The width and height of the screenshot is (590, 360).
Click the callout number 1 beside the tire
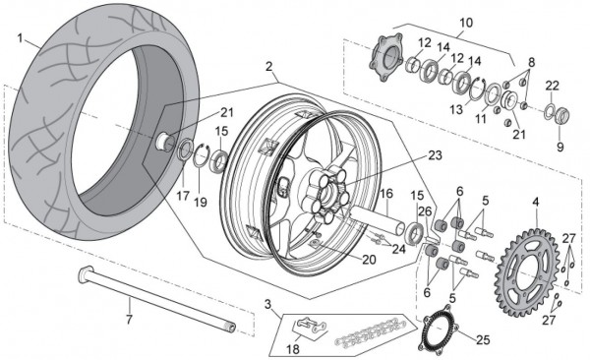click(x=20, y=38)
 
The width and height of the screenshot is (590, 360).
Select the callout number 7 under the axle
click(x=129, y=320)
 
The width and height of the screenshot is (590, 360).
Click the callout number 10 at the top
click(x=466, y=23)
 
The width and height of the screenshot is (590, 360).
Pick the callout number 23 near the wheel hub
click(x=436, y=155)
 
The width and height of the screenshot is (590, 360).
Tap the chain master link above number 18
click(x=311, y=326)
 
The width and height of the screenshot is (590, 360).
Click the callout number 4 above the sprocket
click(x=536, y=203)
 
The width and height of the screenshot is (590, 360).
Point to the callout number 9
click(x=560, y=147)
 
